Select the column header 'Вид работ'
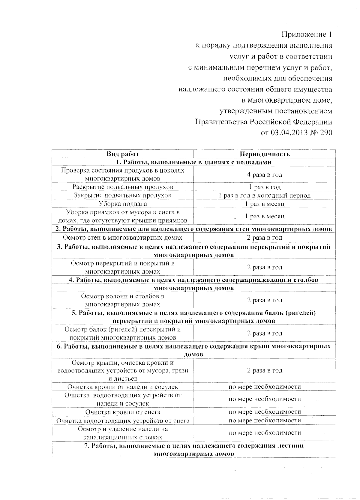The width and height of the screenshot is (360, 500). [x=123, y=154]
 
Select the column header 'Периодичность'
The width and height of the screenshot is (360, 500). [x=265, y=154]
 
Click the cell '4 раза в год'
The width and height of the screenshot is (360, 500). [x=265, y=175]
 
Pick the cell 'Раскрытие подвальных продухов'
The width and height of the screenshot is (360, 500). [x=123, y=187]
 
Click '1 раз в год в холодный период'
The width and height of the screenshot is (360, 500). [x=265, y=196]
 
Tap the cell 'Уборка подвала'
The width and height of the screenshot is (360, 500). [x=123, y=204]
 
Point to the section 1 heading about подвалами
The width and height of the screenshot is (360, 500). [x=194, y=162]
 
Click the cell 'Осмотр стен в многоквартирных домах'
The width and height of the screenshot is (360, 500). [x=123, y=238]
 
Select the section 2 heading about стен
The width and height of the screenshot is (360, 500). [x=194, y=229]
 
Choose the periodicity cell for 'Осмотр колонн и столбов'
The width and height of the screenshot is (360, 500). [x=265, y=300]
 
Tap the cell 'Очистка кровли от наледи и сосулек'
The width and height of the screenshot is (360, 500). [x=123, y=387]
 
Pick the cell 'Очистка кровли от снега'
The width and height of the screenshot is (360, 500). [x=123, y=412]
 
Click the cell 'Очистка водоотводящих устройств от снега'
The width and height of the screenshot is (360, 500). [x=123, y=421]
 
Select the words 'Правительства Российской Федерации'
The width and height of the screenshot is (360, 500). [x=263, y=122]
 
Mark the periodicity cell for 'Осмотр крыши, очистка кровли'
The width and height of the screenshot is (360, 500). [x=265, y=370]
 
